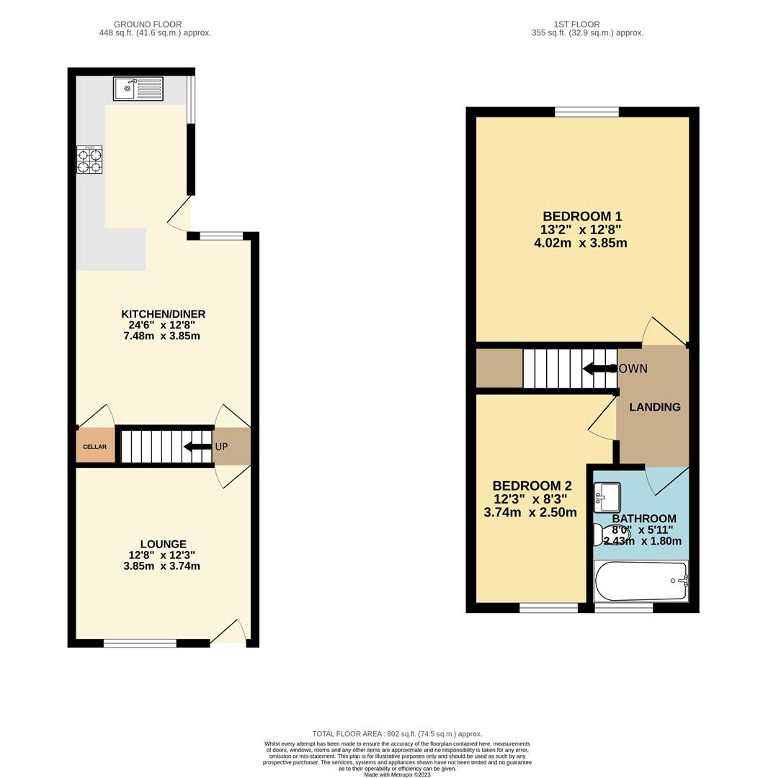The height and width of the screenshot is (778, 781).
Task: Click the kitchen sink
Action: [138, 89]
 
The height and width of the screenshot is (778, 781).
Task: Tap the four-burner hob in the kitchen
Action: [89, 160]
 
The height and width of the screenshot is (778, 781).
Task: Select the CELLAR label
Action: [94, 447]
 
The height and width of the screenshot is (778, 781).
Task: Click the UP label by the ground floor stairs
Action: [221, 447]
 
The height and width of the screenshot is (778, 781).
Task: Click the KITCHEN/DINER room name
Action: [163, 314]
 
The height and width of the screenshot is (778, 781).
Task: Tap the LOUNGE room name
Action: [163, 545]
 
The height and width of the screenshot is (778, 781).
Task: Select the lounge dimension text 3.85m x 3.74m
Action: [161, 566]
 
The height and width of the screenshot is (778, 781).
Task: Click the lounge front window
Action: [140, 643]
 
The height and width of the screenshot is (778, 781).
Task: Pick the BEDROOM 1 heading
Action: [581, 216]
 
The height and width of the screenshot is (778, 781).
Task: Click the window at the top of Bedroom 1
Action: [586, 111]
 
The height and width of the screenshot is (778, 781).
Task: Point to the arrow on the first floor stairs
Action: [597, 369]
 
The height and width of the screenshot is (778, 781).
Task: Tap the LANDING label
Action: [654, 407]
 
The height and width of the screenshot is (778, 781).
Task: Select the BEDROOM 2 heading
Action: [532, 486]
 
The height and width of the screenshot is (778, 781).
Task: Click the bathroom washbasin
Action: [607, 497]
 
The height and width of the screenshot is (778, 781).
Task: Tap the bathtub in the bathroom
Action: [641, 581]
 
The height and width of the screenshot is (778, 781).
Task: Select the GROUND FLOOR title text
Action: [148, 24]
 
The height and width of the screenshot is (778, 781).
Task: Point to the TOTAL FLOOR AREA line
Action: [397, 734]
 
